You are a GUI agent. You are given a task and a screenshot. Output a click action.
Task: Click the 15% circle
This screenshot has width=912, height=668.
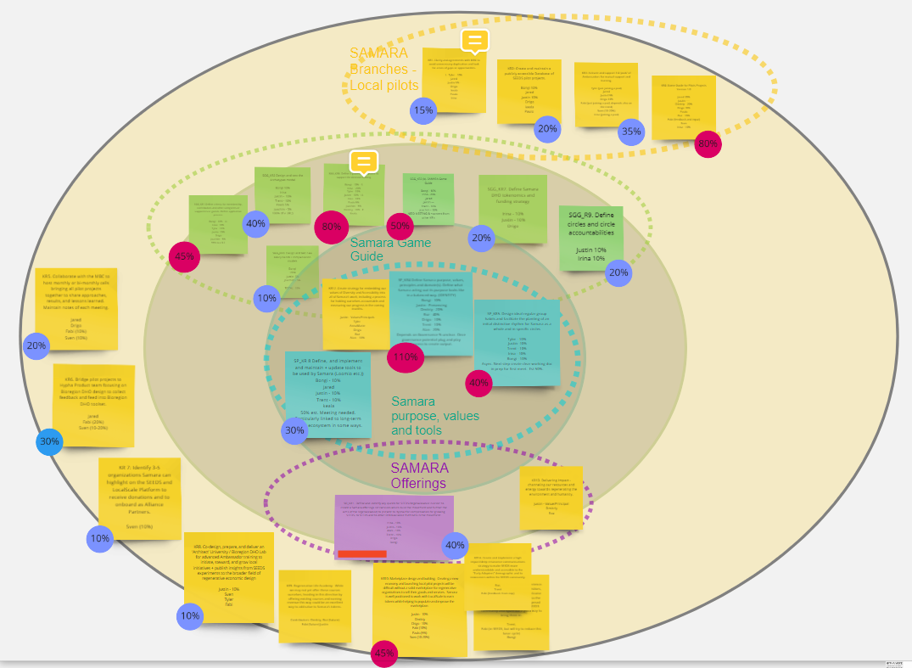coord(422,110)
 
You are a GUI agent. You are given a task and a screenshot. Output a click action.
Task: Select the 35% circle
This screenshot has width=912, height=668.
coord(630,132)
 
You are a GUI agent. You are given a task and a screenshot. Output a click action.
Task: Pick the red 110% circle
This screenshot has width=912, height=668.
coord(406,357)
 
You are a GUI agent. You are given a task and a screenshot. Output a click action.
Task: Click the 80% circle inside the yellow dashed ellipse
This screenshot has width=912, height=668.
coord(708,145)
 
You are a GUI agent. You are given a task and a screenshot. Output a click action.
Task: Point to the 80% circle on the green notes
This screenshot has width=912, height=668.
coord(332,227)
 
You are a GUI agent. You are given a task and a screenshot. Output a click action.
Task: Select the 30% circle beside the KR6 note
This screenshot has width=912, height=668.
coord(49,441)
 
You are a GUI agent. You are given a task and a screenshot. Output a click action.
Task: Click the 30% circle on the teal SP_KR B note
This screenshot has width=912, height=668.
coord(294,431)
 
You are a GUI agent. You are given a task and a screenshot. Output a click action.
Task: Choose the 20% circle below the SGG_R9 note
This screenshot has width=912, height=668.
coord(618,273)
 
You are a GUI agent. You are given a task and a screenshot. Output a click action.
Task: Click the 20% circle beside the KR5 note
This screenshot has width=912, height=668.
coord(36,346)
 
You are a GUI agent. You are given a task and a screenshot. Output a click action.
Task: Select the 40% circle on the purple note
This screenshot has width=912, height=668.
coord(456,546)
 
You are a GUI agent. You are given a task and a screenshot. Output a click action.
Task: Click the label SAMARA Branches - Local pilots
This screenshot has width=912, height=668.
coord(384,69)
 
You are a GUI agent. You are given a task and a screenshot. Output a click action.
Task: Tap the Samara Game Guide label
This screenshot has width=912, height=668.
coord(390,250)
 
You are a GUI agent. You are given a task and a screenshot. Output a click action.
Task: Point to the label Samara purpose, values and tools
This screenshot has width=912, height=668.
coord(423,416)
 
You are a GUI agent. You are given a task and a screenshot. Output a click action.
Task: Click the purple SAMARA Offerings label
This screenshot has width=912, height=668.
coord(419,475)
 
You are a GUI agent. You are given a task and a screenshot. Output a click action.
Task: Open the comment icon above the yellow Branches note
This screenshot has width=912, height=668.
coord(475,41)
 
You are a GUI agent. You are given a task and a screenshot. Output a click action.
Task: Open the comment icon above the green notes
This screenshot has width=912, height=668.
coord(364,160)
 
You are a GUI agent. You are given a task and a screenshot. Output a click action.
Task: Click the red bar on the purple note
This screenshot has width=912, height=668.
coord(362,554)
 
